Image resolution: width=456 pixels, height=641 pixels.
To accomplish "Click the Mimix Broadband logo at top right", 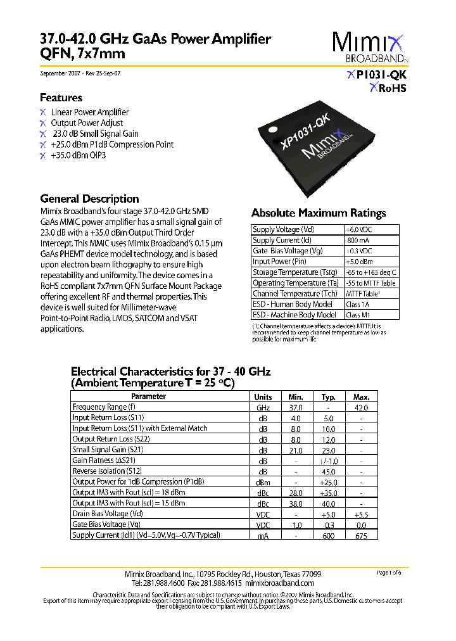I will [370, 48].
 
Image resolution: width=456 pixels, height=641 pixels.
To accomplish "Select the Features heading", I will [61, 98].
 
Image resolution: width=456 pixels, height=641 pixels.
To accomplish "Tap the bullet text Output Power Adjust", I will [87, 123].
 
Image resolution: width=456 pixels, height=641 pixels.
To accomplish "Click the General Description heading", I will [89, 198].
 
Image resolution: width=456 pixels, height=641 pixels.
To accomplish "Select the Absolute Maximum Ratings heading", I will [319, 213].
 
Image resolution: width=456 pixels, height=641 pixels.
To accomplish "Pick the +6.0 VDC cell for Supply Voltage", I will [358, 230].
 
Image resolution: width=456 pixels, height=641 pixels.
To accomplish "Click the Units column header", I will [263, 397].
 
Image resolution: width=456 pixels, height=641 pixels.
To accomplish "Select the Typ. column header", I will [328, 397].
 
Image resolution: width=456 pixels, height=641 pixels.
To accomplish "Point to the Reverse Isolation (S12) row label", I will [107, 471].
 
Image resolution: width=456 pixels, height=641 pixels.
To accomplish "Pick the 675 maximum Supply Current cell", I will [361, 535].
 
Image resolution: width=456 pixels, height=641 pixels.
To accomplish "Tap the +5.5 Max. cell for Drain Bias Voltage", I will [361, 514].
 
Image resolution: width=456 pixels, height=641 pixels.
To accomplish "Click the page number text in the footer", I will [389, 573].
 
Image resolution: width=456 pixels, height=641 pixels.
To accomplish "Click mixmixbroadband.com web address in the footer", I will [279, 583].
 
